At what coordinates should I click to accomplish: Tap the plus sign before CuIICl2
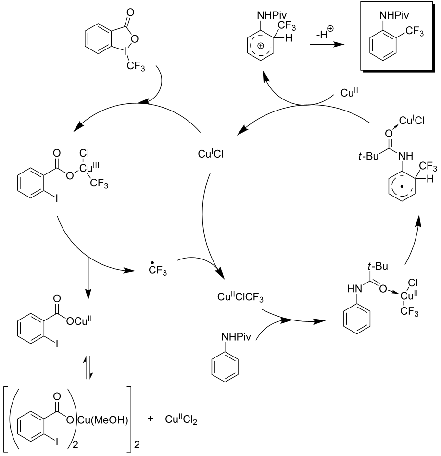pos(151,419)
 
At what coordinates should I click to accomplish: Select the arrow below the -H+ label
pos(327,44)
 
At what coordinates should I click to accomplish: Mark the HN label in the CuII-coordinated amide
pos(353,289)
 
